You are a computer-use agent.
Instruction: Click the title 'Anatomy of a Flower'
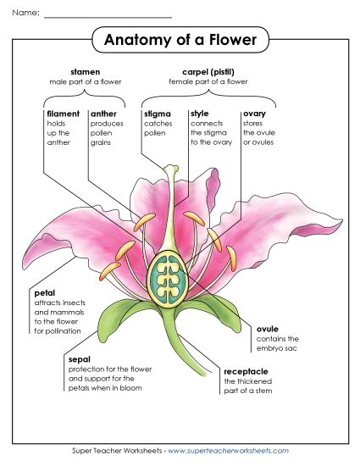(180, 40)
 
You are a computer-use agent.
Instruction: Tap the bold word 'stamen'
(85, 72)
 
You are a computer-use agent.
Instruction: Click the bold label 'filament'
(63, 113)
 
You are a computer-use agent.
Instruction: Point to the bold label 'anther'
(103, 113)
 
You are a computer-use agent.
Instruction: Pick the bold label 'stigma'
(158, 113)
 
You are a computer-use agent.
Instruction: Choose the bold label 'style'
(200, 113)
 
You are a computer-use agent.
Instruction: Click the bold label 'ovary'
(254, 113)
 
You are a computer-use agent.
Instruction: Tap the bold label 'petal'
(45, 293)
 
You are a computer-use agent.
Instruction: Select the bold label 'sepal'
(80, 359)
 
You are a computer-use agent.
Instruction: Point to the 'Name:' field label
(25, 14)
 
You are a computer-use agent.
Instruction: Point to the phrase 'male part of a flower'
(85, 82)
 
